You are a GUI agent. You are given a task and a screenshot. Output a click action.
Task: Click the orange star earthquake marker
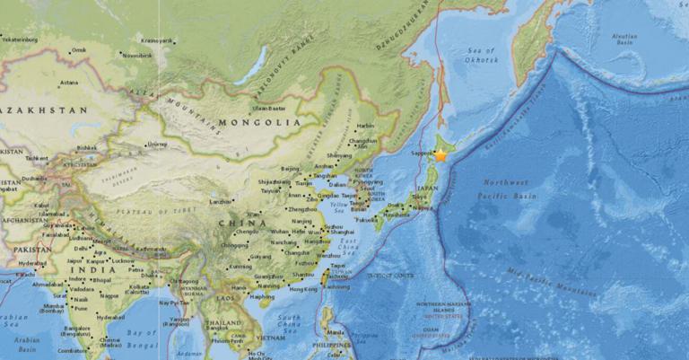pos(440,155)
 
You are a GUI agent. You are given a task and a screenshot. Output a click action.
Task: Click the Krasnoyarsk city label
pos(157,40)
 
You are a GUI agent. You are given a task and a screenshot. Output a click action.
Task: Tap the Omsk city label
pos(80,50)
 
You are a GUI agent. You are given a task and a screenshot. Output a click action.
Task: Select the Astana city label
pos(68,83)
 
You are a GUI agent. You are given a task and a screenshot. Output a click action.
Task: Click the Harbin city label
pos(365,126)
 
